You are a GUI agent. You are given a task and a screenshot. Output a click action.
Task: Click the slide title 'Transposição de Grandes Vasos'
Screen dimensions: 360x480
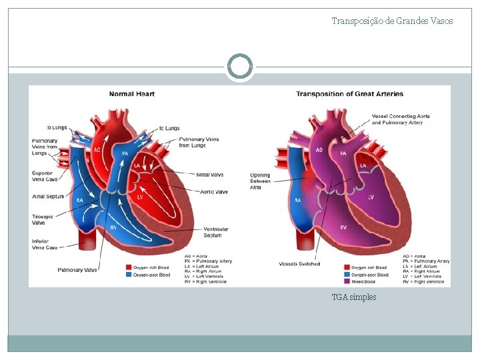pyautogui.click(x=392, y=21)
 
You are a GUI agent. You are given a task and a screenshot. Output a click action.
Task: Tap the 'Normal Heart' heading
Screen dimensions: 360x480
pyautogui.click(x=132, y=94)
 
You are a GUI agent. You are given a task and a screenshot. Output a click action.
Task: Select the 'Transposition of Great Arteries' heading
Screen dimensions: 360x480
pyautogui.click(x=349, y=94)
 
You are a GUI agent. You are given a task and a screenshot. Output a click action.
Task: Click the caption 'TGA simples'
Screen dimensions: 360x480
pyautogui.click(x=354, y=297)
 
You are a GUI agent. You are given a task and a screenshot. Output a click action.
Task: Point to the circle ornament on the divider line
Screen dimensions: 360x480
pyautogui.click(x=240, y=67)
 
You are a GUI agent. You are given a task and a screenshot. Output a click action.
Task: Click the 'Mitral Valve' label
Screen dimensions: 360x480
pyautogui.click(x=210, y=175)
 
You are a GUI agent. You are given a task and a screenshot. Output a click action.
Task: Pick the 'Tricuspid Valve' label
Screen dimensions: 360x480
pyautogui.click(x=43, y=219)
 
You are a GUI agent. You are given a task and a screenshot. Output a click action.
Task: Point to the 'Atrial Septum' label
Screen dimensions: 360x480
pyautogui.click(x=48, y=196)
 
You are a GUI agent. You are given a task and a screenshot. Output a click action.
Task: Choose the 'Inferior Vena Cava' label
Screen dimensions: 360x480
pyautogui.click(x=45, y=244)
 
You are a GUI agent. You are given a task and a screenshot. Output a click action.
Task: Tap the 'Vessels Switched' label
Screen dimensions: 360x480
pyautogui.click(x=299, y=264)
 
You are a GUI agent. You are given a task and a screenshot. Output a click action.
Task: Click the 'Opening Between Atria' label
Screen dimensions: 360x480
pyautogui.click(x=261, y=181)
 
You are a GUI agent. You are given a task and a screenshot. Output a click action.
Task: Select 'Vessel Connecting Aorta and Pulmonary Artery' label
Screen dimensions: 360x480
pyautogui.click(x=400, y=119)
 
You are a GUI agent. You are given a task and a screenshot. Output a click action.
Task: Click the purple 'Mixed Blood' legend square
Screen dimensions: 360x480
pyautogui.click(x=347, y=281)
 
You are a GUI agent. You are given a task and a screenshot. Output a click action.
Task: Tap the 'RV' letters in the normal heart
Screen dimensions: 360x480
pyautogui.click(x=114, y=228)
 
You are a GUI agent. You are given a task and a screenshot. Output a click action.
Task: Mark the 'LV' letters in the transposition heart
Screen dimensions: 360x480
pyautogui.click(x=370, y=197)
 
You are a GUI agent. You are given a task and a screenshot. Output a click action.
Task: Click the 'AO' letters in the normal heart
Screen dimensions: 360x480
pyautogui.click(x=97, y=149)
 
